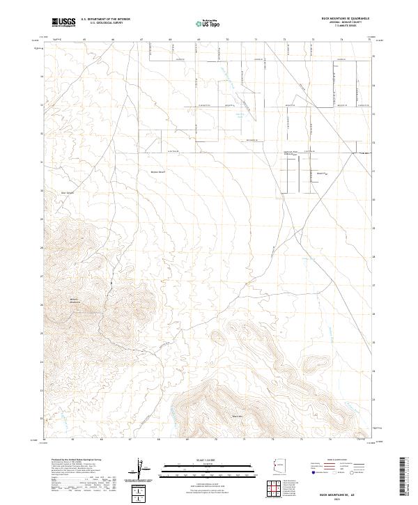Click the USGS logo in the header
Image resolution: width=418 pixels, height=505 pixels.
pos(63,22)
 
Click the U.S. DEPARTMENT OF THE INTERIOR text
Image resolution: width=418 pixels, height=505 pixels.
pos(105,20)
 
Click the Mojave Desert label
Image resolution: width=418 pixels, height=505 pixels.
pos(160,169)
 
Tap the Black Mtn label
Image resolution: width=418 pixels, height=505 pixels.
pos(236,417)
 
